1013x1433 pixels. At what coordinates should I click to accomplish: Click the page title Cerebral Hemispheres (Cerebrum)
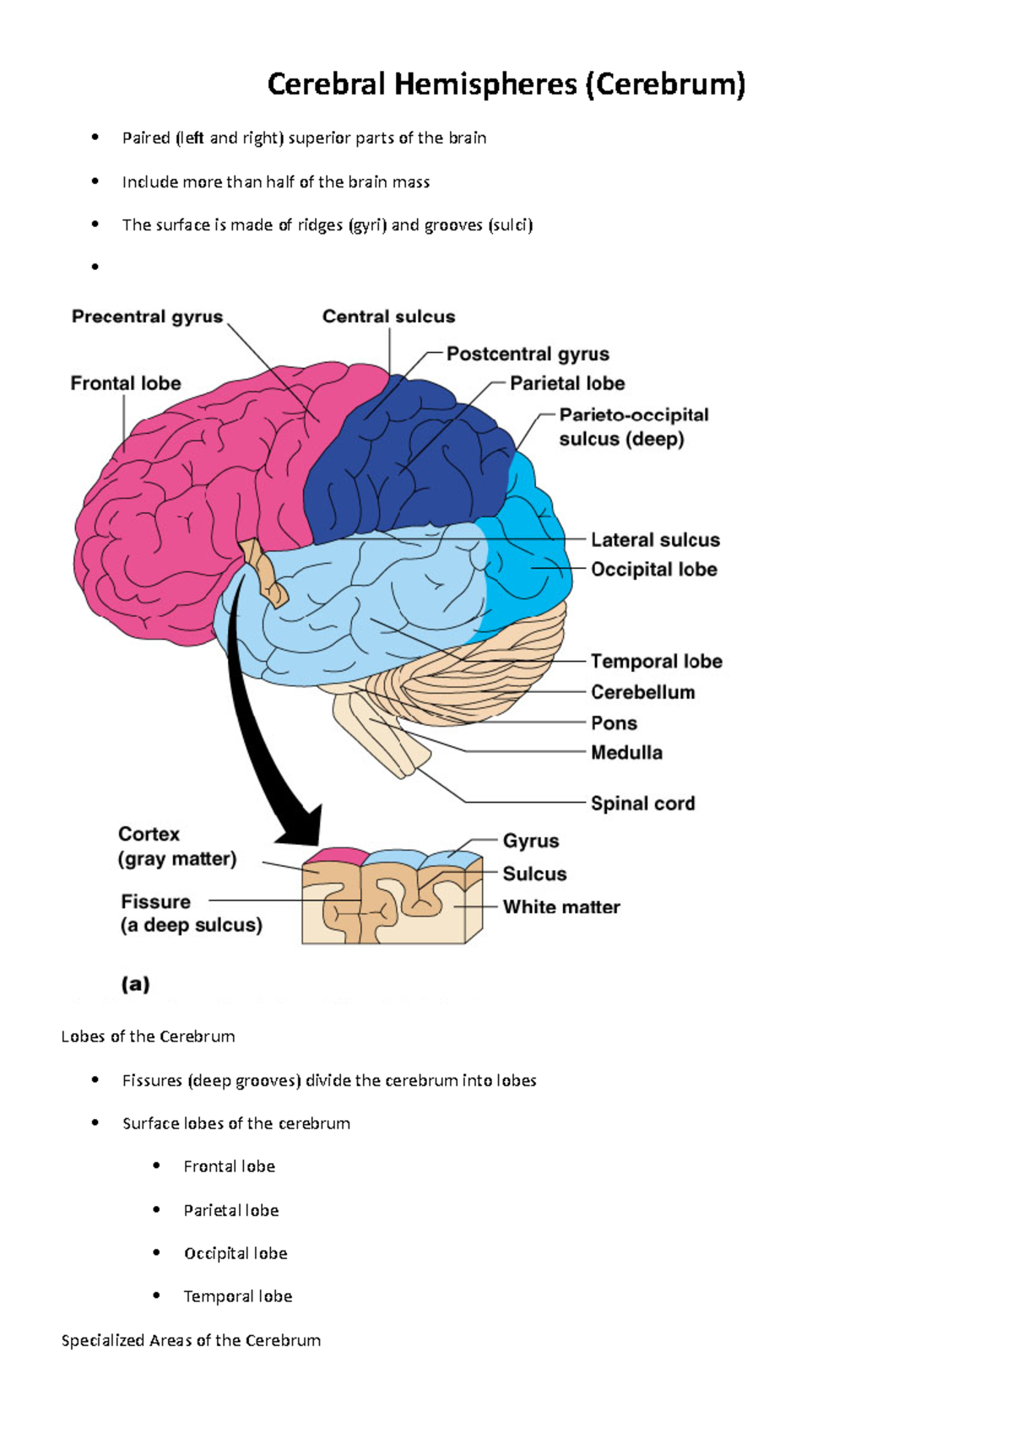coord(506,84)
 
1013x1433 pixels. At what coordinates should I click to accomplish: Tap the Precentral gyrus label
coord(147,316)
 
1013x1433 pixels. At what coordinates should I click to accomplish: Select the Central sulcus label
coord(388,316)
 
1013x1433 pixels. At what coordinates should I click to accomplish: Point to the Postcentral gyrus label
coord(528,354)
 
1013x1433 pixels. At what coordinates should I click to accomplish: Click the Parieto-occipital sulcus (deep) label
coord(633,426)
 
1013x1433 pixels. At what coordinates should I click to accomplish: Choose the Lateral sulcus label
coord(655,540)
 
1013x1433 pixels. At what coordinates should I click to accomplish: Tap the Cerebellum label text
coord(642,692)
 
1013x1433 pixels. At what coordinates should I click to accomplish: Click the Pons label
coord(614,723)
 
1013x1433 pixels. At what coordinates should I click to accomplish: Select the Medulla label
coord(626,753)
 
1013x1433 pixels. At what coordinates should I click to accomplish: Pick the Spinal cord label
coord(642,803)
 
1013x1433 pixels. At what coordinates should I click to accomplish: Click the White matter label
coord(561,907)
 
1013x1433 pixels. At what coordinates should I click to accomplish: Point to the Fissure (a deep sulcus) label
coord(191,913)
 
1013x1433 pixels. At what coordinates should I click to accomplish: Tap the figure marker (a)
coord(135,984)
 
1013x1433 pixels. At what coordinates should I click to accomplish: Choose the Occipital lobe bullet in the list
coord(236,1253)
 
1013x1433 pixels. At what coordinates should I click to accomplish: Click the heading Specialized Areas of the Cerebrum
coord(191,1340)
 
